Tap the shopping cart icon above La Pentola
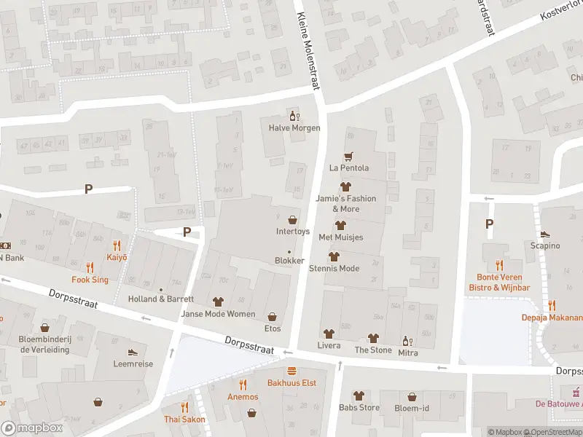(x=348, y=156)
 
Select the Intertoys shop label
(x=293, y=232)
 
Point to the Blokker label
(x=289, y=261)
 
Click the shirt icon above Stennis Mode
(x=334, y=256)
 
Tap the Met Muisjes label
(x=340, y=237)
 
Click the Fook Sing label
(x=90, y=280)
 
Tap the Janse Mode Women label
(x=219, y=314)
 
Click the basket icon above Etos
(x=273, y=317)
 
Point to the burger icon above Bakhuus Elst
(x=291, y=371)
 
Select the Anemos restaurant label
(x=243, y=397)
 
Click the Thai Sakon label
(x=184, y=420)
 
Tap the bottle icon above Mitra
(x=406, y=340)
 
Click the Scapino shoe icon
(x=544, y=234)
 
